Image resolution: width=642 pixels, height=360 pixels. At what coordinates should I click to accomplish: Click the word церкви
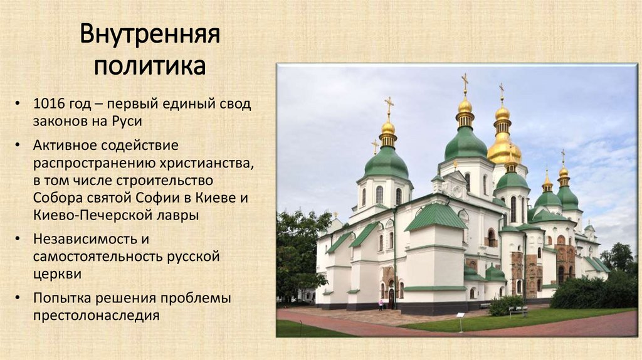(x=58, y=274)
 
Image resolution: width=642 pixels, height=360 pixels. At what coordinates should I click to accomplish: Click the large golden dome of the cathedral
(x=504, y=148)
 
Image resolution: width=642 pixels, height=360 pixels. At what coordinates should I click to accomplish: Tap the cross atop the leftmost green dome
(x=389, y=105)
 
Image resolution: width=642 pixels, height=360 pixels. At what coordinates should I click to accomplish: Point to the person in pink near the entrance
(x=380, y=304)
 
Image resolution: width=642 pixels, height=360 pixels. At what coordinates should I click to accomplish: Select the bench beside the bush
(x=518, y=310)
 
